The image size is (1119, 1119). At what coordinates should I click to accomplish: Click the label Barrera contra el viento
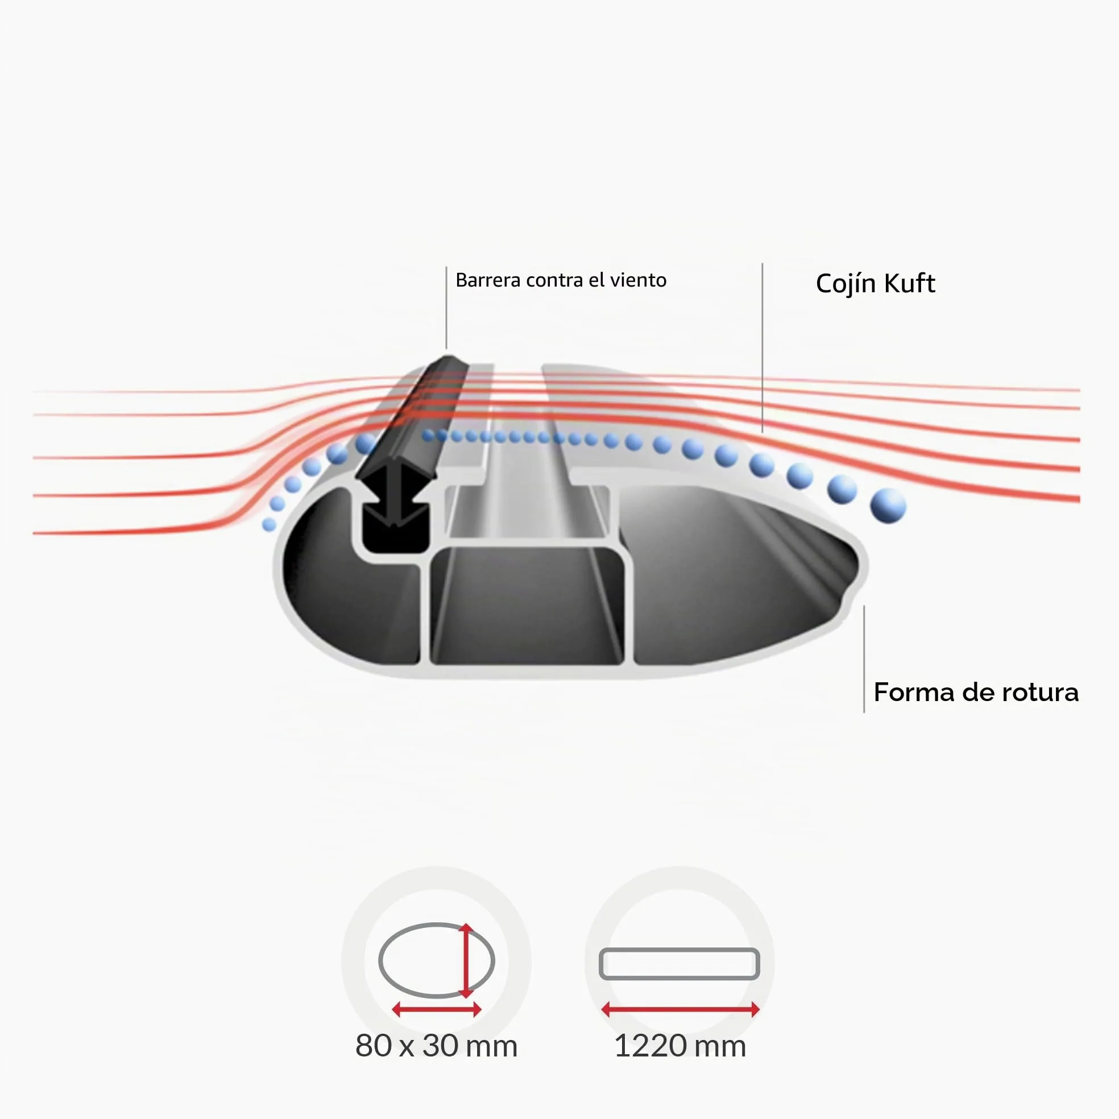[561, 280]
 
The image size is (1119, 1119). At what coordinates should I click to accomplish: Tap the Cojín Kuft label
[875, 284]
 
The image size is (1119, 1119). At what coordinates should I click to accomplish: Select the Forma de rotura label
[976, 692]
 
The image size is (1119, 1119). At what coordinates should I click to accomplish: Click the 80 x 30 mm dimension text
[436, 1046]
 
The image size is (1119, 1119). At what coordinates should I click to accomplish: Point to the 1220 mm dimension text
[680, 1046]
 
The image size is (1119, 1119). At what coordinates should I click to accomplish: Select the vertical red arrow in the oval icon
[466, 961]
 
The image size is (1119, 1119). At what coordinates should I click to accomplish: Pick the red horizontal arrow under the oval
[436, 1010]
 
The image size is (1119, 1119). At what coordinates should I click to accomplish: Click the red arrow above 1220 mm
[680, 1010]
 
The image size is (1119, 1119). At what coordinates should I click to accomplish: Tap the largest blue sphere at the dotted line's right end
[888, 505]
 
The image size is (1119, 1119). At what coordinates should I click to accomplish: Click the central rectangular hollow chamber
[527, 605]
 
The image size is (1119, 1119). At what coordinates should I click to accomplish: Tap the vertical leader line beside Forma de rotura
[864, 659]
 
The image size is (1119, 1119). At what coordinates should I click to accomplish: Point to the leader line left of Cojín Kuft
[762, 347]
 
